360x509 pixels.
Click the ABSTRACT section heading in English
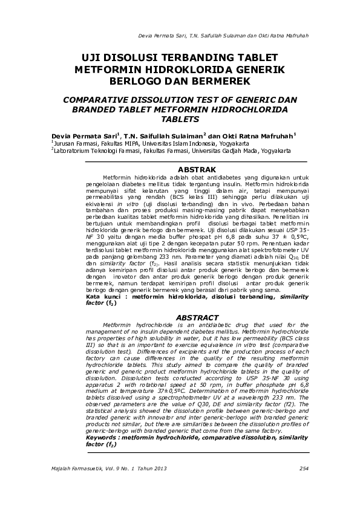point(197,317)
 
